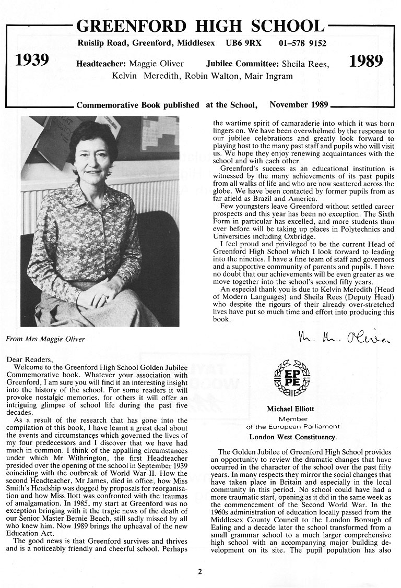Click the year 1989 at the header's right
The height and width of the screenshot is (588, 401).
365,61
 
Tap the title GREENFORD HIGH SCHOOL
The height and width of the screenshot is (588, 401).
200,26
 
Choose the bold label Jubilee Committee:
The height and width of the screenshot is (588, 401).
242,64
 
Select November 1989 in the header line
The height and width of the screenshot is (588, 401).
299,105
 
